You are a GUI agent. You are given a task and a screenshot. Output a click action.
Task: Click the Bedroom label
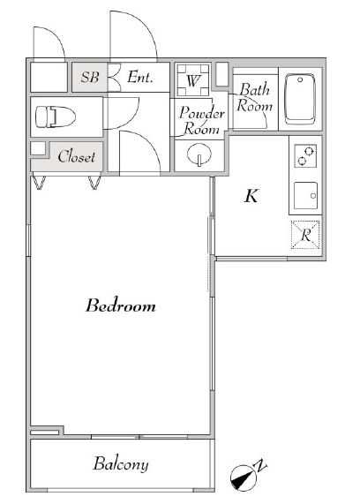pyautogui.click(x=121, y=305)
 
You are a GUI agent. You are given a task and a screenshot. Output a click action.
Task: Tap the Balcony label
pyautogui.click(x=121, y=463)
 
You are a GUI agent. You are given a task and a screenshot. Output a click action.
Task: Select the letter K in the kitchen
pyautogui.click(x=251, y=196)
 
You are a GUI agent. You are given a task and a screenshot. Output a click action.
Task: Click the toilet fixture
pyautogui.click(x=56, y=117)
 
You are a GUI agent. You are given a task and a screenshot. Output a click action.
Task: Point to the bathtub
pyautogui.click(x=300, y=99)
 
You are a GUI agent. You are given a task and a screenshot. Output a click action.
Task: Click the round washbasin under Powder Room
pyautogui.click(x=199, y=155)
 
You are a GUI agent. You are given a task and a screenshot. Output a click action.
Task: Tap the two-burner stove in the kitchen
pyautogui.click(x=305, y=156)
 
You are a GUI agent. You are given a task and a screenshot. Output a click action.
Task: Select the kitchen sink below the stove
pyautogui.click(x=305, y=196)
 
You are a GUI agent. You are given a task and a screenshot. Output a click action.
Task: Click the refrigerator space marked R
pyautogui.click(x=305, y=235)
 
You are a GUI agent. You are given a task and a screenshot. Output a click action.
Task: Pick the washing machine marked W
pyautogui.click(x=193, y=80)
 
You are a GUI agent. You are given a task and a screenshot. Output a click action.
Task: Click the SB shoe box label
pyautogui.click(x=90, y=77)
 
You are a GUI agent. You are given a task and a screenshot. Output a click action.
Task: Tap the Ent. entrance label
pyautogui.click(x=140, y=77)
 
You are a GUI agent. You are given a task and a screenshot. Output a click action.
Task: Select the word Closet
pyautogui.click(x=77, y=156)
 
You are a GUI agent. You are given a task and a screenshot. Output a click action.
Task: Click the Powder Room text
pyautogui.click(x=201, y=121)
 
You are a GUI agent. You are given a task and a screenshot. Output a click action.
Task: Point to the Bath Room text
pyautogui.click(x=254, y=97)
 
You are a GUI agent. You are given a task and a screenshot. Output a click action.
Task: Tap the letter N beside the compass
pyautogui.click(x=260, y=465)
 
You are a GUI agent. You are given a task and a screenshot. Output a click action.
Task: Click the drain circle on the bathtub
pyautogui.click(x=300, y=79)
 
